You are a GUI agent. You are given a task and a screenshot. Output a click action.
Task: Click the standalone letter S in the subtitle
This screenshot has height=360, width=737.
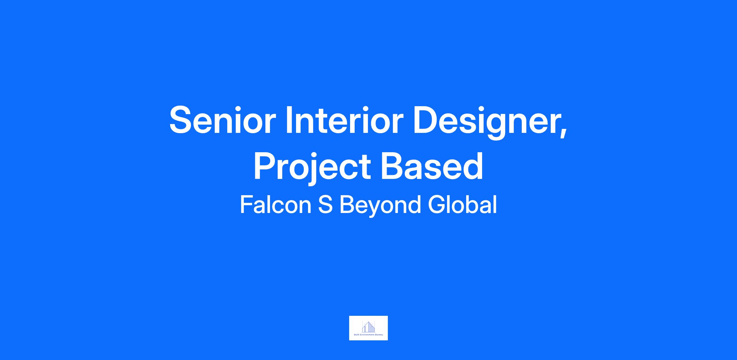pos(325,205)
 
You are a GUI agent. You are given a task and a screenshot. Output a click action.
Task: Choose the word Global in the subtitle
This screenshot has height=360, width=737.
pos(462,204)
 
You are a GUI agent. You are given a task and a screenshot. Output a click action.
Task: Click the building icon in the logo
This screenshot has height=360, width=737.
pos(368,327)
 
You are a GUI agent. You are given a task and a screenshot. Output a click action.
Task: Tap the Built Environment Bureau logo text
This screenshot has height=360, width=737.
pos(368,335)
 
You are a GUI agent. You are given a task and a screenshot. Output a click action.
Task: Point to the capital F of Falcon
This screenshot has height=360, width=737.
pos(247,205)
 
